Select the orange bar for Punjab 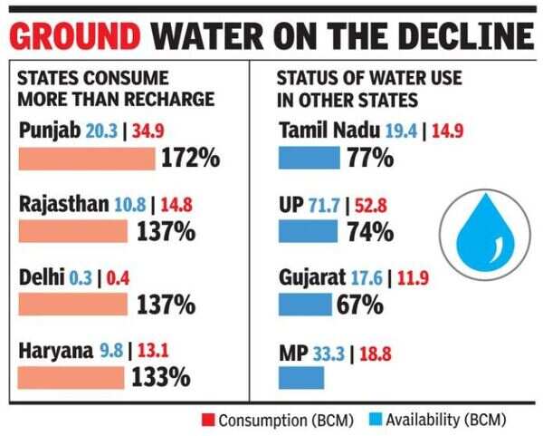pyautogui.click(x=87, y=159)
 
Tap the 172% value pyautogui.click(x=191, y=159)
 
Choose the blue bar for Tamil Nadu pyautogui.click(x=309, y=159)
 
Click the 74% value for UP pyautogui.click(x=369, y=231)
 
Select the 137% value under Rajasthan pyautogui.click(x=166, y=231)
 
